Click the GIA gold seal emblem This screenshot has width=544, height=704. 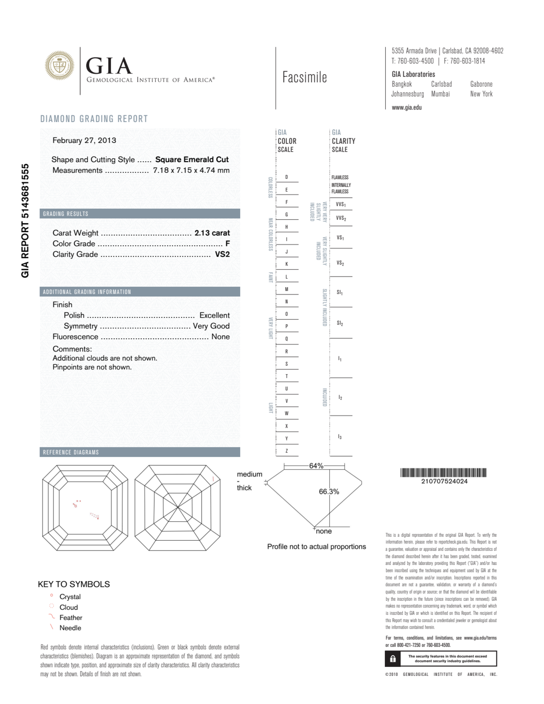[x=59, y=66]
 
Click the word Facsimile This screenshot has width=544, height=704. [x=304, y=77]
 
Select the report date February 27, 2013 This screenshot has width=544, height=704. [x=84, y=140]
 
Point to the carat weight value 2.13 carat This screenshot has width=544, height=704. [x=212, y=233]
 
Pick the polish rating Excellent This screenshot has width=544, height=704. [x=215, y=315]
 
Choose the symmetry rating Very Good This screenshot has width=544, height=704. [x=211, y=326]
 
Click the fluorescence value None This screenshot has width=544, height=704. [x=220, y=337]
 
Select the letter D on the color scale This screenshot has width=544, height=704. [x=286, y=177]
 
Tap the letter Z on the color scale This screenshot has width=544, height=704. [x=286, y=451]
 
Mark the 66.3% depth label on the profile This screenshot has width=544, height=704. [x=329, y=491]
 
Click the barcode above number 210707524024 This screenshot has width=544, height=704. [x=443, y=473]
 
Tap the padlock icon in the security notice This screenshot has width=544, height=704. [x=393, y=659]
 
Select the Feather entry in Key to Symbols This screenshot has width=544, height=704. [x=71, y=618]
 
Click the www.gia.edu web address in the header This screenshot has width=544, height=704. [x=407, y=108]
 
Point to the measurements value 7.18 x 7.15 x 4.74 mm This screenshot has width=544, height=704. [x=191, y=170]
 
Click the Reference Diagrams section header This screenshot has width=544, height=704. [x=71, y=452]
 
